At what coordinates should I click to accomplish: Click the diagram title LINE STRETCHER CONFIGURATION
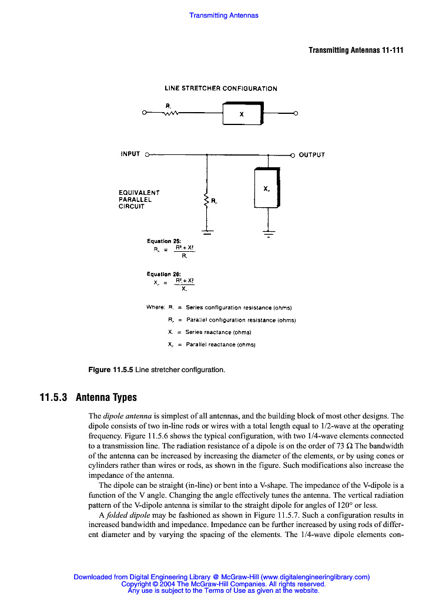[220, 89]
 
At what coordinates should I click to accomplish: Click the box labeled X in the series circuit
[242, 113]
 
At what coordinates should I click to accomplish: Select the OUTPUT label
[311, 155]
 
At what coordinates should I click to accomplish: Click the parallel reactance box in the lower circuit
[267, 188]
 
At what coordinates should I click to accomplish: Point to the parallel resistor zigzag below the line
[206, 201]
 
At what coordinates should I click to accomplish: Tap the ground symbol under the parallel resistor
[206, 232]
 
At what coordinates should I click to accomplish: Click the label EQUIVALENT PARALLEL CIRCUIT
[139, 199]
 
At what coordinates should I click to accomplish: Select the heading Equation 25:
[160, 241]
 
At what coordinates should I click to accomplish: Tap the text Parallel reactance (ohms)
[220, 345]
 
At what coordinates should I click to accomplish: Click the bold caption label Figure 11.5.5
[110, 370]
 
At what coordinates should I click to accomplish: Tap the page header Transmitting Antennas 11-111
[356, 50]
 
